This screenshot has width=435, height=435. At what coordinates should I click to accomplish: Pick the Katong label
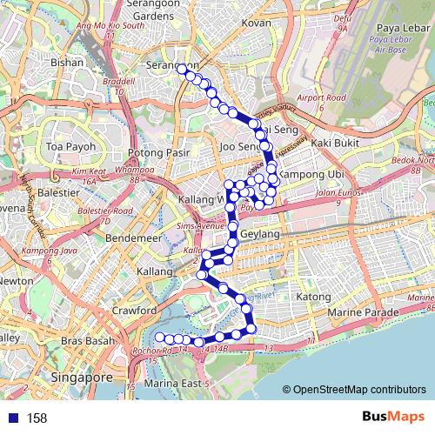314,298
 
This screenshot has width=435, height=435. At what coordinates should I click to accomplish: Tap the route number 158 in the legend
37,418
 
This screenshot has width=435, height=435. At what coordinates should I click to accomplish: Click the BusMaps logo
387,418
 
